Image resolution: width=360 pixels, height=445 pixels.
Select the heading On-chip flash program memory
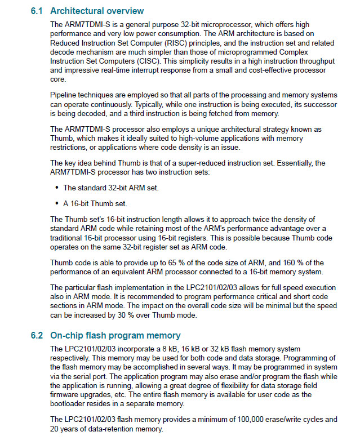click(x=115, y=335)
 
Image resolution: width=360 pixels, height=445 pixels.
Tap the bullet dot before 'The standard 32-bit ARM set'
click(x=57, y=188)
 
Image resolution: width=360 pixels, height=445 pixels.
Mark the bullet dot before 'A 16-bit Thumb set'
click(x=57, y=203)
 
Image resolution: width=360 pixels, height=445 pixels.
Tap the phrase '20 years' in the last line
click(x=65, y=429)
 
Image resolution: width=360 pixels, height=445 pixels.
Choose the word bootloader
click(x=69, y=403)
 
